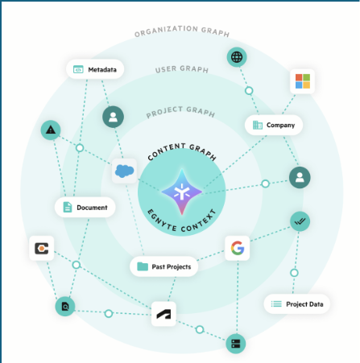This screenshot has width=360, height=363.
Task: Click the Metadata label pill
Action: click(95, 69)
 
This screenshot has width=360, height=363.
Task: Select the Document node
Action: click(85, 207)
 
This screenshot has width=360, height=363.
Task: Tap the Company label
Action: click(274, 125)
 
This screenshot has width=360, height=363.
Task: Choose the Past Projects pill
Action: click(164, 266)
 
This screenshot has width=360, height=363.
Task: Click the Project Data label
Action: click(296, 304)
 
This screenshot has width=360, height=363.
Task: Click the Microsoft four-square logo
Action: click(303, 81)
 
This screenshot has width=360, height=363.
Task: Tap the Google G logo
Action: click(238, 248)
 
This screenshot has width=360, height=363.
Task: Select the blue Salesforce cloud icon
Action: click(124, 171)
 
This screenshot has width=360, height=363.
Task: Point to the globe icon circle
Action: click(237, 57)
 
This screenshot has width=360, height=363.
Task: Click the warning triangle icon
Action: click(51, 130)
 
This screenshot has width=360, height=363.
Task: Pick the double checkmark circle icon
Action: click(300, 221)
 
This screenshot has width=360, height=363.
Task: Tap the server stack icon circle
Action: click(236, 344)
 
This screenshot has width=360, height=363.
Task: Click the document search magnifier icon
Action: click(65, 306)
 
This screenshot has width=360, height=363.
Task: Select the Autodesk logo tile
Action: click(163, 314)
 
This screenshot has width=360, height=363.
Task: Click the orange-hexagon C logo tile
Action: click(42, 248)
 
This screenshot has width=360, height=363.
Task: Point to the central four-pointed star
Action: click(182, 192)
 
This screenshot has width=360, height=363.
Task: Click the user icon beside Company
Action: click(300, 177)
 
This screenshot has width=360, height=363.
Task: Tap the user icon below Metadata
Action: click(113, 117)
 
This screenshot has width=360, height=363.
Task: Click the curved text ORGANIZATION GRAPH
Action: click(182, 30)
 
